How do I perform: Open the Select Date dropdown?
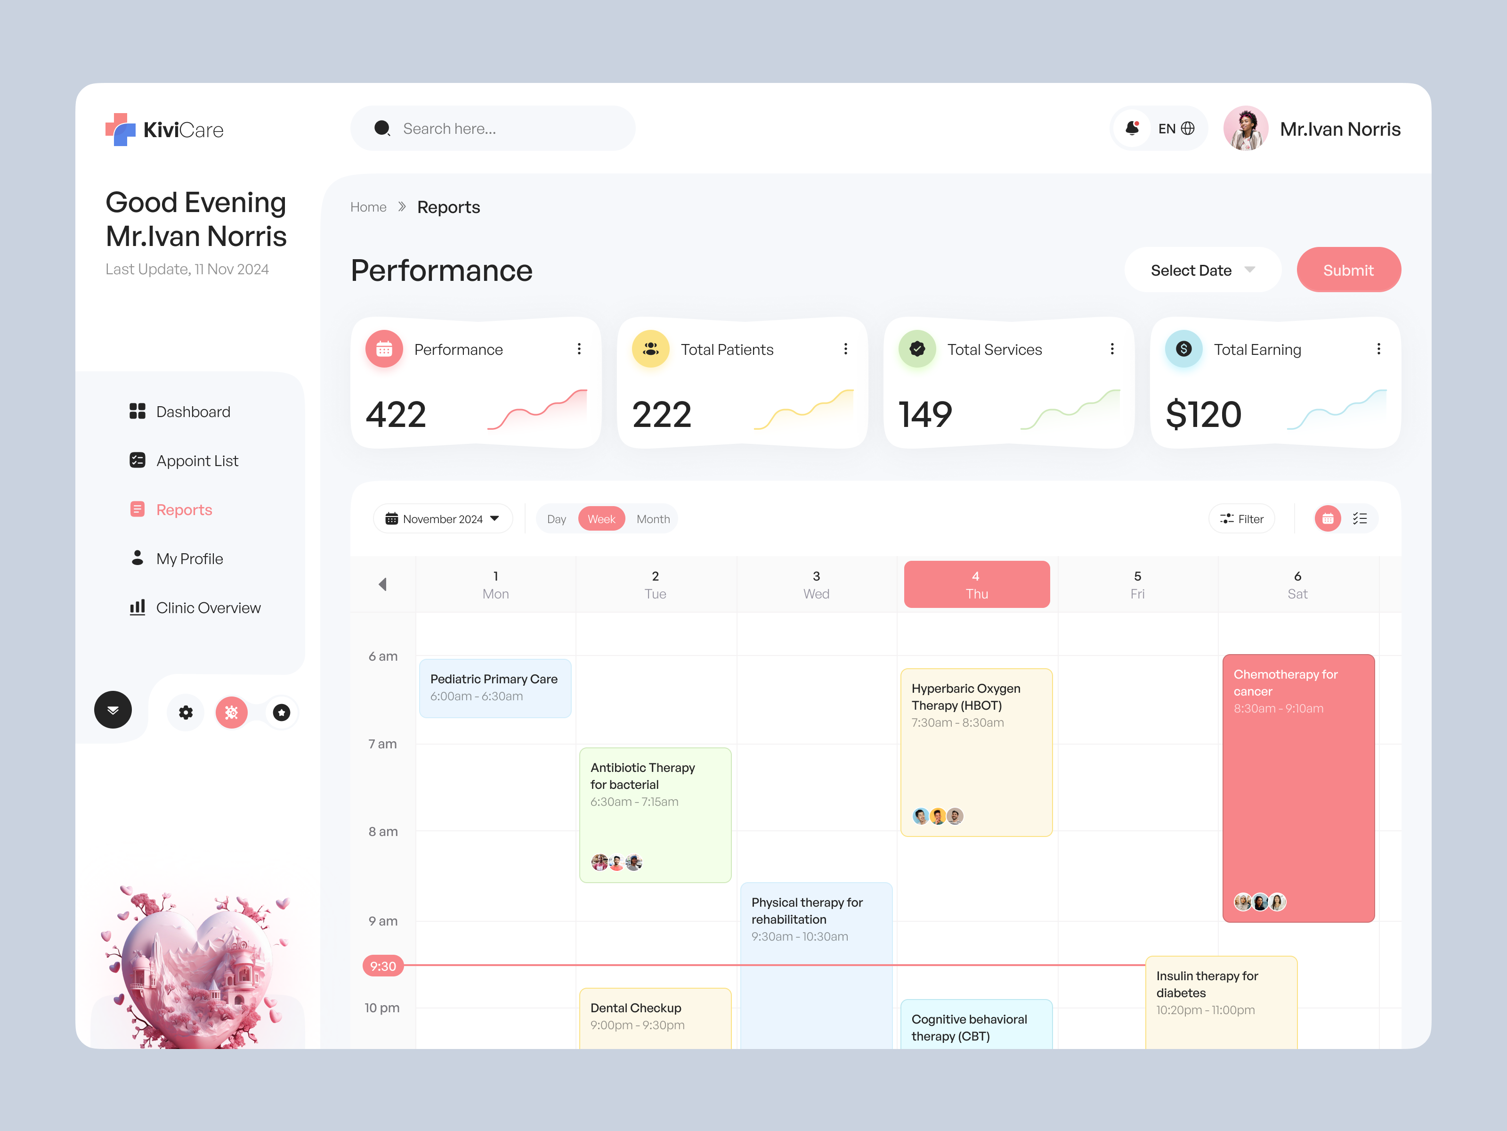[1202, 270]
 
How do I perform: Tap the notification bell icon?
[1132, 128]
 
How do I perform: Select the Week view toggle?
[601, 519]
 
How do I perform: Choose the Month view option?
[653, 519]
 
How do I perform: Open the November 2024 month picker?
[442, 519]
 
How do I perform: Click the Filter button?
[1241, 519]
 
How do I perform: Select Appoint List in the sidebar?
[197, 461]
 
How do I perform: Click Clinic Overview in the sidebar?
[208, 607]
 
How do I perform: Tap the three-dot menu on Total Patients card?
[845, 349]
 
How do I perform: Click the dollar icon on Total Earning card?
[1183, 349]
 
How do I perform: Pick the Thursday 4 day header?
[976, 584]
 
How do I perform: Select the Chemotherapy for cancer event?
[1298, 787]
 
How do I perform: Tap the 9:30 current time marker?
[383, 966]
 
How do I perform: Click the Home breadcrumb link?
[368, 207]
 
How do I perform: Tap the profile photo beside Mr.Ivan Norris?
[1245, 128]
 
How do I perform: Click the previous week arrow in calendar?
[383, 584]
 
